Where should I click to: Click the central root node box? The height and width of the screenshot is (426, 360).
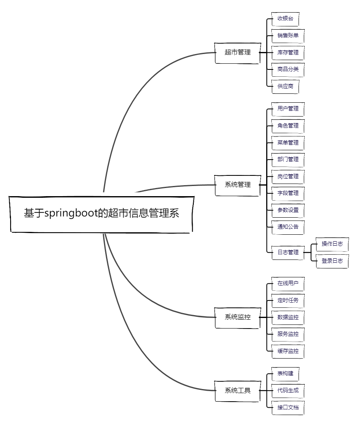coord(101,214)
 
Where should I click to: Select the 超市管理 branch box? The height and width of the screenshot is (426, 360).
coord(237,52)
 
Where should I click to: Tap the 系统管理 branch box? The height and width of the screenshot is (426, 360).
coord(237,185)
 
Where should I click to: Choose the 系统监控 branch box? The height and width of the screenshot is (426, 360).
coord(237,317)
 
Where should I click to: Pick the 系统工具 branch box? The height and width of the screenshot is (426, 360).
coord(237,391)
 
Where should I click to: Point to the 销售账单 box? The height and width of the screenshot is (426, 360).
coord(288,36)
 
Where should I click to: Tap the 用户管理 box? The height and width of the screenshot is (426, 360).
coord(288,109)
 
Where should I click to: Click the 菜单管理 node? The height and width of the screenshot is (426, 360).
coord(288,143)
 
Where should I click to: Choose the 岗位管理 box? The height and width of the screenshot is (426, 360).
coord(288,176)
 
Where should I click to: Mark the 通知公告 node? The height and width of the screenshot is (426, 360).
coord(288,227)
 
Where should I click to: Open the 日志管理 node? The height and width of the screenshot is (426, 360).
coord(288,252)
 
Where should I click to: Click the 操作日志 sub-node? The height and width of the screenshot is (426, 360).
coord(332,244)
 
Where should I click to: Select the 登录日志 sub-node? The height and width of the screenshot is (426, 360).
coord(332,261)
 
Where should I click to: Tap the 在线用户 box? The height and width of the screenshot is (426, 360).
coord(288,283)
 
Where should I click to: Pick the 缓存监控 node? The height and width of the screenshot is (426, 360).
coord(288,351)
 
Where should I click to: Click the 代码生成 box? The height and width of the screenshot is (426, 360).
coord(288,391)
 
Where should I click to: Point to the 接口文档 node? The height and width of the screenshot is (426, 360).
coord(288,407)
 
